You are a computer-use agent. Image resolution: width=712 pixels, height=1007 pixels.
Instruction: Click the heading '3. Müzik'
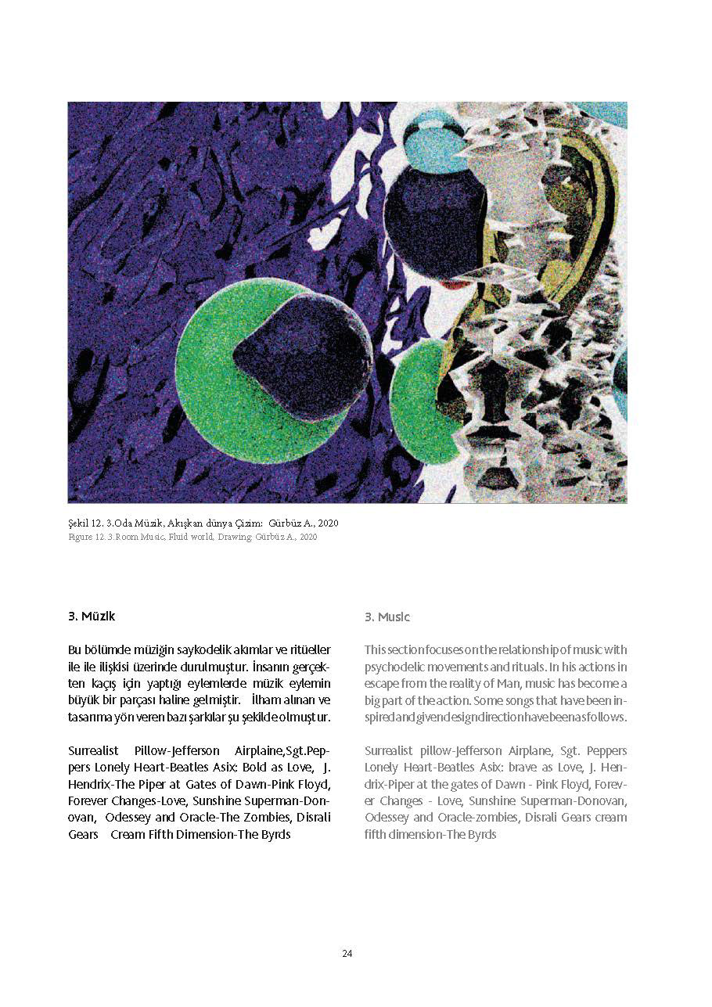click(x=92, y=617)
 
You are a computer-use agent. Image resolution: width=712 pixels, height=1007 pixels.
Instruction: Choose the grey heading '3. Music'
click(x=387, y=617)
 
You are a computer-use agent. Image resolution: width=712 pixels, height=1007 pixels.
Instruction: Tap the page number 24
click(x=347, y=953)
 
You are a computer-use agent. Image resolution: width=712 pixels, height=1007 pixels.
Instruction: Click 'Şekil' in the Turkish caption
click(x=80, y=523)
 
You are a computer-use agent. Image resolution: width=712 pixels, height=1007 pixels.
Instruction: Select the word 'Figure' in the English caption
click(x=81, y=537)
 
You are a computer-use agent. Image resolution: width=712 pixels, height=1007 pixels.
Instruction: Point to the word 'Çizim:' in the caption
click(x=248, y=523)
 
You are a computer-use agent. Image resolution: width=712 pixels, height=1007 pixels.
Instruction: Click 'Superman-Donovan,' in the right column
click(x=583, y=801)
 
